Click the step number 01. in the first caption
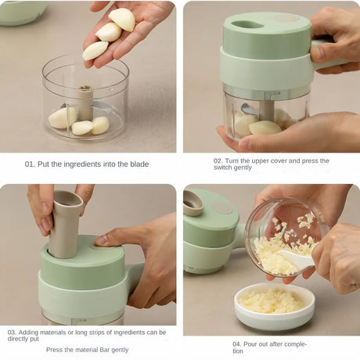pos(30,164)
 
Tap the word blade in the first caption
pos(139,164)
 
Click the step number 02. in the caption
pos(218,160)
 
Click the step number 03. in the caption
pos(12,333)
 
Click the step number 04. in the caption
pos(237,344)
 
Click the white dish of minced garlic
pos(275,306)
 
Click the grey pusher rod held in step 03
pos(65,225)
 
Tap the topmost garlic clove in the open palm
pos(122,19)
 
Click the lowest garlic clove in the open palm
pos(95,51)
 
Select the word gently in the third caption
pos(120,350)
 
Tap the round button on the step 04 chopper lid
pos(222,207)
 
